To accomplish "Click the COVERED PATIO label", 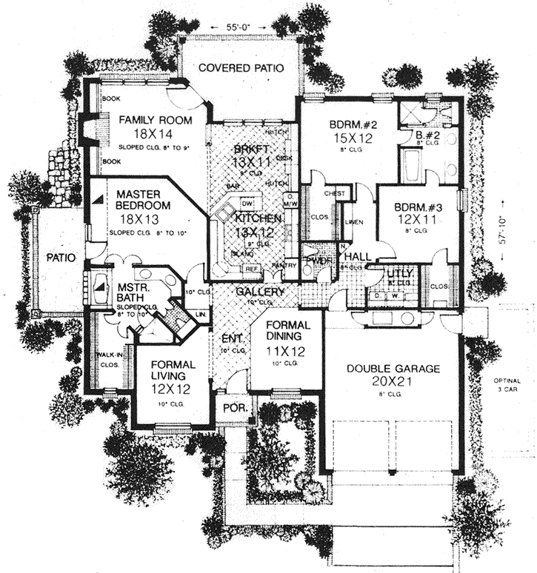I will (241, 68).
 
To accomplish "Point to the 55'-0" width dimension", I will (241, 27).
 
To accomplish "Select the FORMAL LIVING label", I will (173, 370).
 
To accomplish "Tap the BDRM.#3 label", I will (415, 207).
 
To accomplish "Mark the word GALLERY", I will (260, 292).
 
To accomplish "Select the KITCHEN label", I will (258, 218).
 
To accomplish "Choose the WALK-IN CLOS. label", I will (109, 360).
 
